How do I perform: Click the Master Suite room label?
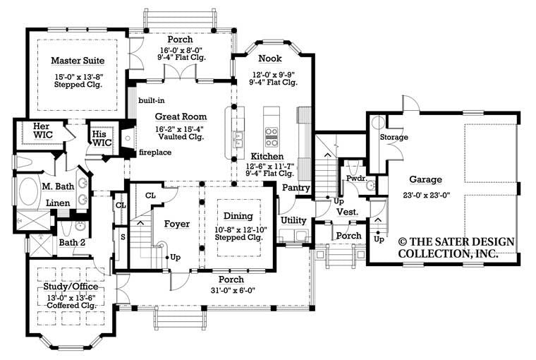point(76,60)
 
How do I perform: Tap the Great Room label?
point(181,116)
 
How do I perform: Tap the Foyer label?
point(177,224)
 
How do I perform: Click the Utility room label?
point(293,220)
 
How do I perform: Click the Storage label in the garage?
point(394,137)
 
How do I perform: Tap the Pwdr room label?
point(354,181)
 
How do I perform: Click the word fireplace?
point(155,152)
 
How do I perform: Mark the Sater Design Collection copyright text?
point(456,247)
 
